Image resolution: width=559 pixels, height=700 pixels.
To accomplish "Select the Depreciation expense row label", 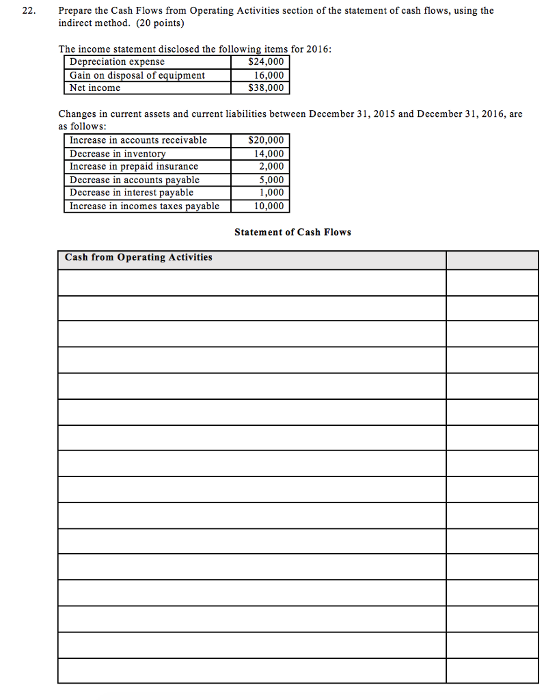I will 117,62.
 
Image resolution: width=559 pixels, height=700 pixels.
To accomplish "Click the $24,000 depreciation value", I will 266,62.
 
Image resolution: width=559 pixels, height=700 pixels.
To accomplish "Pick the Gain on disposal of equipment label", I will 137,75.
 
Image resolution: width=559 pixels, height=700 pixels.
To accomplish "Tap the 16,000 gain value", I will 268,75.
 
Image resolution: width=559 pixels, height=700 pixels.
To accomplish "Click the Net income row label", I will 95,88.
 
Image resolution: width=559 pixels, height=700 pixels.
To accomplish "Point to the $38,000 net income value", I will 266,88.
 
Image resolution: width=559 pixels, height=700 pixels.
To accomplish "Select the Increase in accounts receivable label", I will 138,140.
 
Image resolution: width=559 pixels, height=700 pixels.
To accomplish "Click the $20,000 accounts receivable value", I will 266,140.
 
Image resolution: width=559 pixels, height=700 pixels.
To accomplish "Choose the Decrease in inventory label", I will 118,154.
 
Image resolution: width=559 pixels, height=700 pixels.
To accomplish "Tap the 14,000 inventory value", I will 268,154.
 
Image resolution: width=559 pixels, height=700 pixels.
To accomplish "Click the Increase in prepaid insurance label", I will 134,166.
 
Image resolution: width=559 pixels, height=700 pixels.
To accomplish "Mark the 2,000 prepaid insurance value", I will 271,166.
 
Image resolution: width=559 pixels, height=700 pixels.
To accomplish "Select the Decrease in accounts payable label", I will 135,180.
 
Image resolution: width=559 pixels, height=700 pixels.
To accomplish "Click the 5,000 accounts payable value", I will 271,180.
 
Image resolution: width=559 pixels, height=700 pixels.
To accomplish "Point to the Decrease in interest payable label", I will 131,193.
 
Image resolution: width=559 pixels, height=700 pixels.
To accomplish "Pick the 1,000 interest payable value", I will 271,193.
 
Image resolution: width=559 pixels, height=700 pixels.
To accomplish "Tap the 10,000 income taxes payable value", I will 268,206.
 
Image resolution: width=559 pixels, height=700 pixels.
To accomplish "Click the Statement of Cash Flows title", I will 292,232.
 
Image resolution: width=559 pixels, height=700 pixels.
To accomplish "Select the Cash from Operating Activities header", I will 138,258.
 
